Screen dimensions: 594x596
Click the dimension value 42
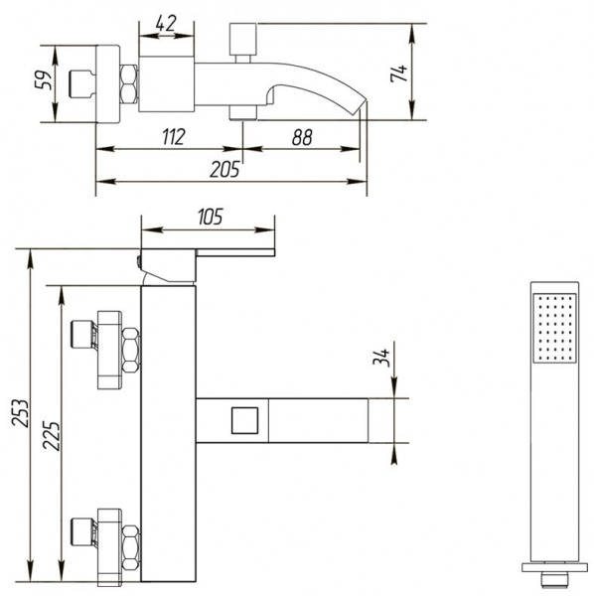[x=166, y=24]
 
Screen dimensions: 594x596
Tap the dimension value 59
[x=43, y=79]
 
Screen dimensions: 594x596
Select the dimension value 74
[x=399, y=74]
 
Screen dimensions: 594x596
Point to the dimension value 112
[x=174, y=137]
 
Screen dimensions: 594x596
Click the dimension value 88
[x=302, y=137]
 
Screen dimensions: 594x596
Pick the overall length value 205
[x=224, y=169]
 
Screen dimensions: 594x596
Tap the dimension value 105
[x=211, y=217]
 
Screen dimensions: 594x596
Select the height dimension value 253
[x=20, y=413]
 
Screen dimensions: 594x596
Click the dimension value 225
[x=52, y=436]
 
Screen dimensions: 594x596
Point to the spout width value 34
[x=381, y=358]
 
